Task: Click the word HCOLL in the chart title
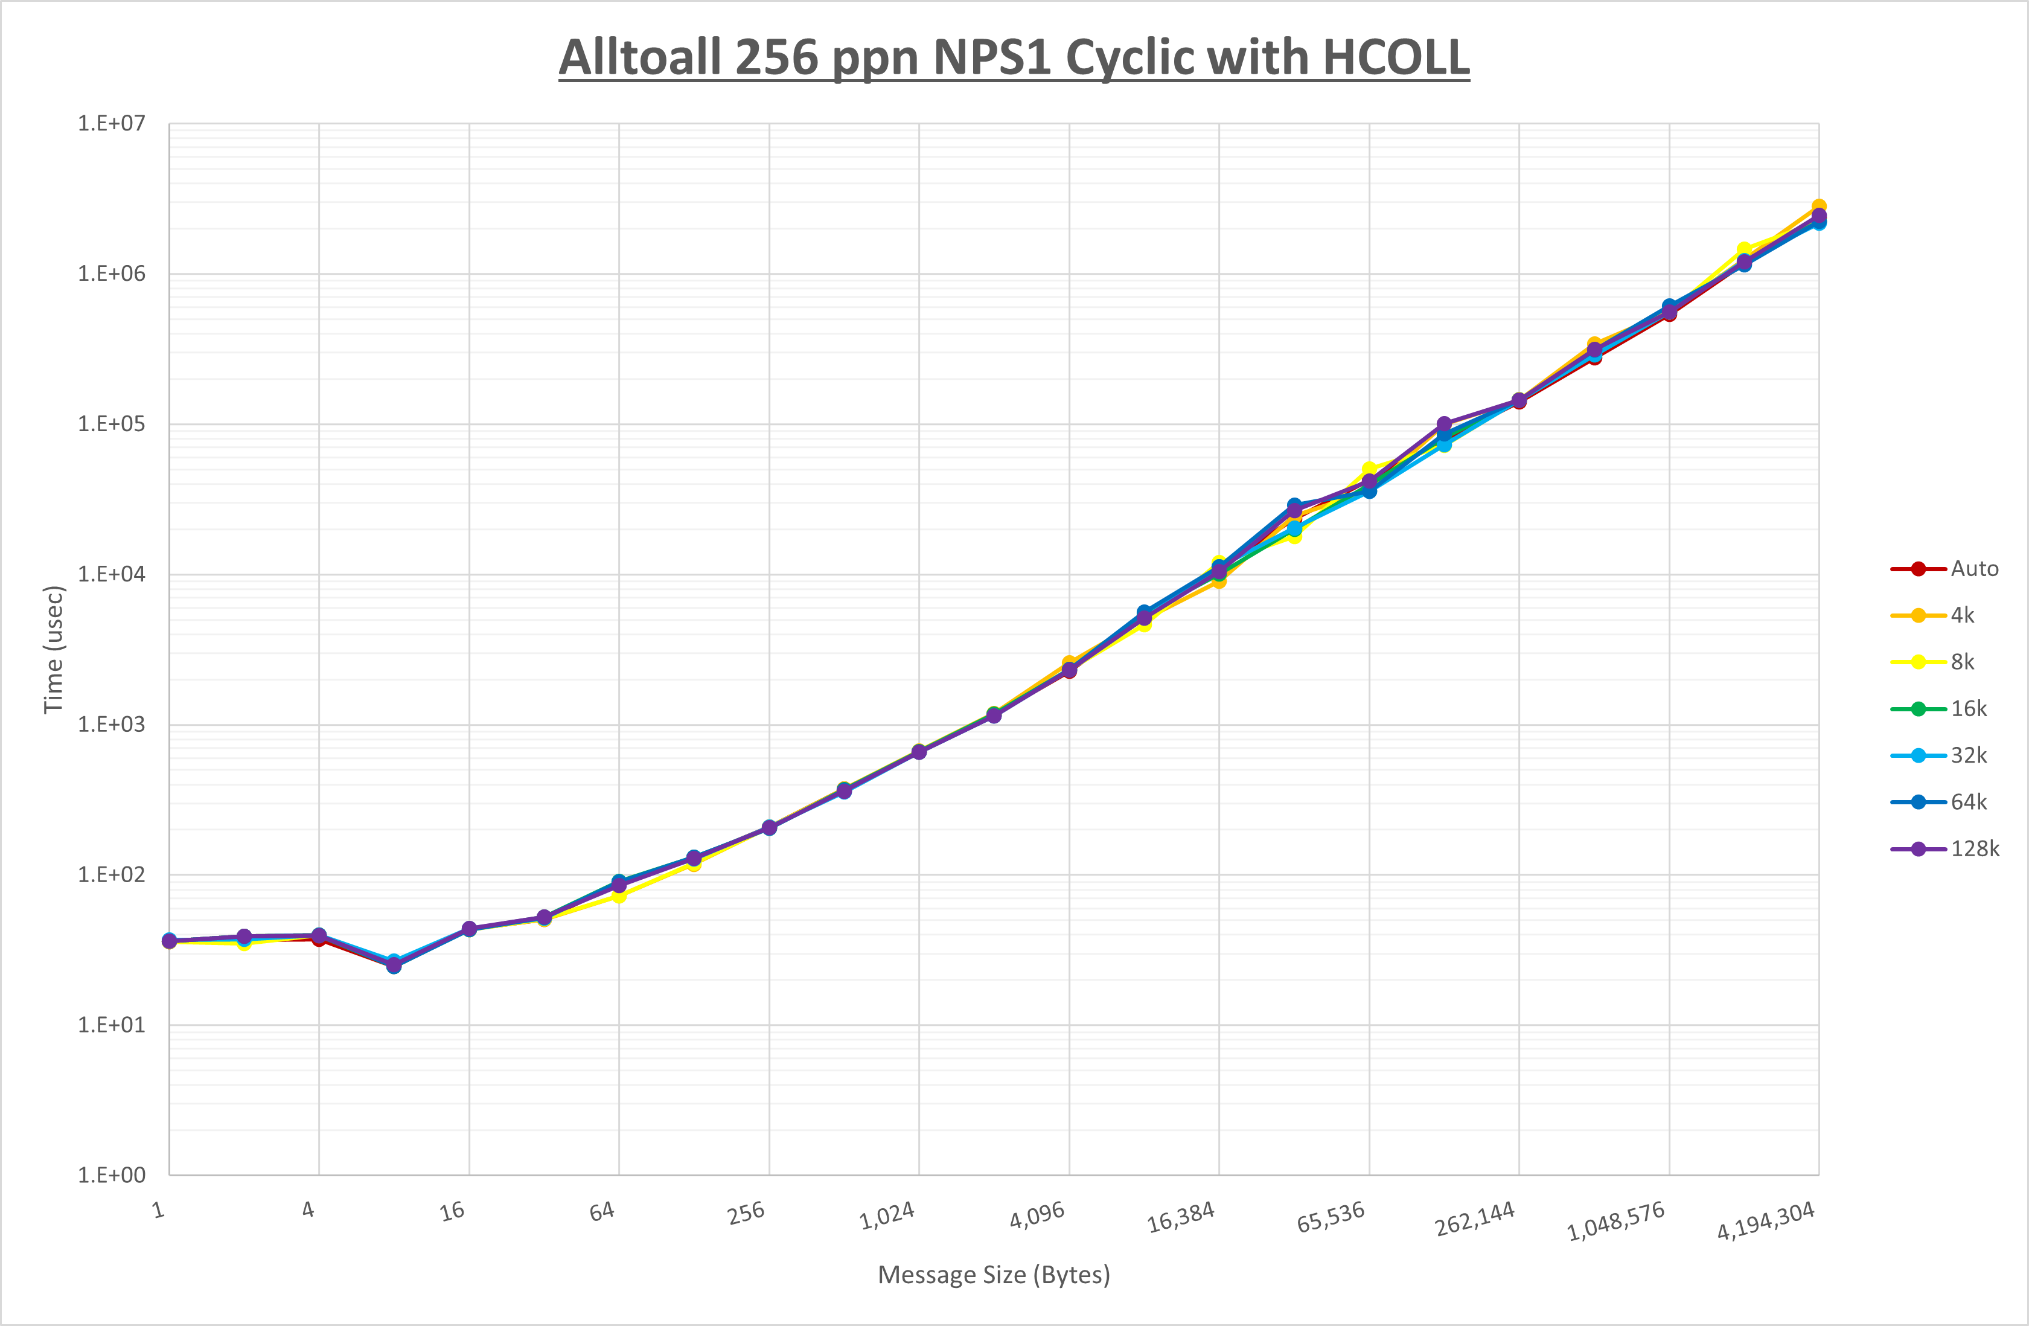click(x=1396, y=58)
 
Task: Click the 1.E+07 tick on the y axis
click(x=112, y=124)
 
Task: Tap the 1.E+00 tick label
click(x=112, y=1175)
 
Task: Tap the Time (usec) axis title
click(x=54, y=649)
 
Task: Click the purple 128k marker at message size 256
click(x=769, y=828)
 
